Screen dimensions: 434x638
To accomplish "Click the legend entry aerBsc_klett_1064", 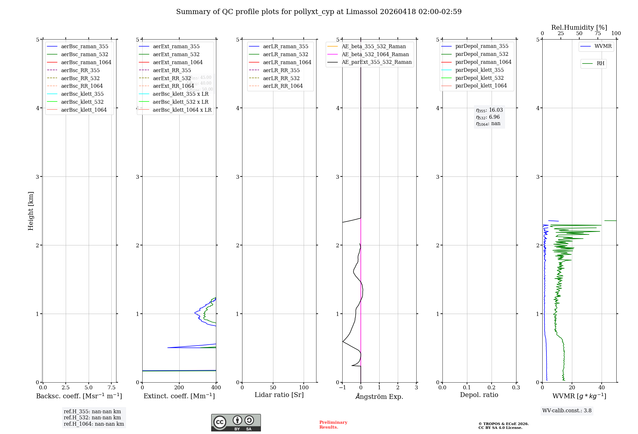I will (x=84, y=110).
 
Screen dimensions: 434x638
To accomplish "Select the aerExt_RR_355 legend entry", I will (x=172, y=70).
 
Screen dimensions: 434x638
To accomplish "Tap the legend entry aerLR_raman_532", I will (x=286, y=54).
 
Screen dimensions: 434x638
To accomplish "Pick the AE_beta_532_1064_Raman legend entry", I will (x=375, y=54).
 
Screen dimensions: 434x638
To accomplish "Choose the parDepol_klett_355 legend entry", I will (x=479, y=70).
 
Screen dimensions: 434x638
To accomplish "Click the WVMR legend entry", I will (x=603, y=46).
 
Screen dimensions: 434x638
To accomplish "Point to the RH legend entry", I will (x=600, y=64).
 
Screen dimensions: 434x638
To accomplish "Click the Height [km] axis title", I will (x=31, y=211).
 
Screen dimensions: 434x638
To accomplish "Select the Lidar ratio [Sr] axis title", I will (x=279, y=395).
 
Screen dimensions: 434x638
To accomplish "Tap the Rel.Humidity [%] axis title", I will (x=579, y=27).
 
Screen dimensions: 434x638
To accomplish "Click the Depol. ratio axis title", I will (x=479, y=395).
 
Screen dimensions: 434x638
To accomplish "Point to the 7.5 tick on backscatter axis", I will (x=111, y=387).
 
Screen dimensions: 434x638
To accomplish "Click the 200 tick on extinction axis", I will (x=179, y=387).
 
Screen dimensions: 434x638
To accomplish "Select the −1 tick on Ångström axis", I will (x=342, y=387).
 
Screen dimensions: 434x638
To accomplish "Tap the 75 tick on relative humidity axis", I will (x=597, y=34).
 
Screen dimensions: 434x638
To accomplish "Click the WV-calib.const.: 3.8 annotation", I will (x=567, y=411).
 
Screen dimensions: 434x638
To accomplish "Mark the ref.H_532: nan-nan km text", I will (x=92, y=417).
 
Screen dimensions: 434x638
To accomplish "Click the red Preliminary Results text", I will (x=333, y=424).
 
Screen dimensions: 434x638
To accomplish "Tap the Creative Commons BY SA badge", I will (x=236, y=423).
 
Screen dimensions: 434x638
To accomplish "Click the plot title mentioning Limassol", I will (x=319, y=12).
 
